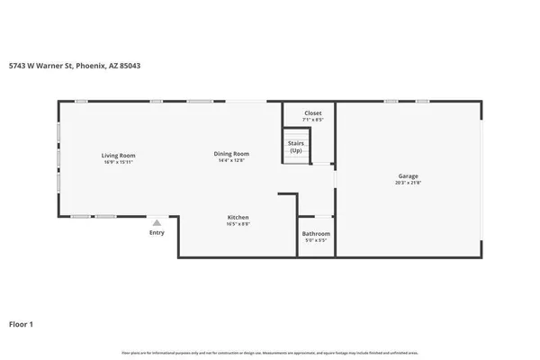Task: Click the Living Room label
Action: [x=118, y=156]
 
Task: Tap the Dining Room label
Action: [x=231, y=154]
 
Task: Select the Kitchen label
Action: [x=238, y=217]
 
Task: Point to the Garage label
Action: [x=409, y=175]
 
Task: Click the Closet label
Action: [x=313, y=112]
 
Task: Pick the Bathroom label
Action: [x=316, y=234]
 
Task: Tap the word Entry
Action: [x=157, y=233]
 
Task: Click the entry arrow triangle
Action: [x=157, y=222]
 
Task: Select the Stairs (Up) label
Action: [x=295, y=146]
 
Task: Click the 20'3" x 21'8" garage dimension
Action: [x=409, y=183]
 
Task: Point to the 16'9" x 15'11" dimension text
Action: [x=118, y=162]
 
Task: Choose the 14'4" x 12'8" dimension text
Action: [x=231, y=161]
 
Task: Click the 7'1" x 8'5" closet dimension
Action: [x=313, y=119]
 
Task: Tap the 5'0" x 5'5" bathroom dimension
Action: [x=316, y=240]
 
